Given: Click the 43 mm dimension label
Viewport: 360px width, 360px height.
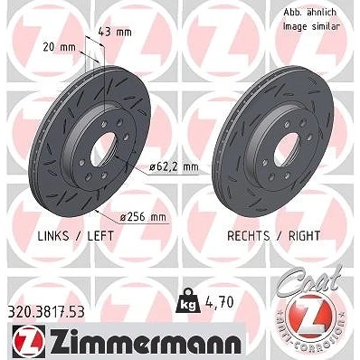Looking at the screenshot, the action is pyautogui.click(x=115, y=32).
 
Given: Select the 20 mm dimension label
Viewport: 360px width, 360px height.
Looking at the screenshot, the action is pyautogui.click(x=60, y=47).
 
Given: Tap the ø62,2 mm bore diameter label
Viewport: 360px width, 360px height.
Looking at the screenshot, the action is pyautogui.click(x=174, y=166).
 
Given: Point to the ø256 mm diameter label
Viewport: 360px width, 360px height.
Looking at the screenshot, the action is pyautogui.click(x=143, y=217).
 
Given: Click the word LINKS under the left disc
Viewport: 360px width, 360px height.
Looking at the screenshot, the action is pyautogui.click(x=53, y=236).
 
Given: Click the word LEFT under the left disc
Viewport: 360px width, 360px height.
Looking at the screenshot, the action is pyautogui.click(x=100, y=236).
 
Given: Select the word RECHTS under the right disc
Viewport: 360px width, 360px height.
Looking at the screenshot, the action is pyautogui.click(x=249, y=236).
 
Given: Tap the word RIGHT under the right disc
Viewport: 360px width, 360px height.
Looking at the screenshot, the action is pyautogui.click(x=304, y=236).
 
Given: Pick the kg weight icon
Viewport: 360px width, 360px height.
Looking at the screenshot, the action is pyautogui.click(x=188, y=299).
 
